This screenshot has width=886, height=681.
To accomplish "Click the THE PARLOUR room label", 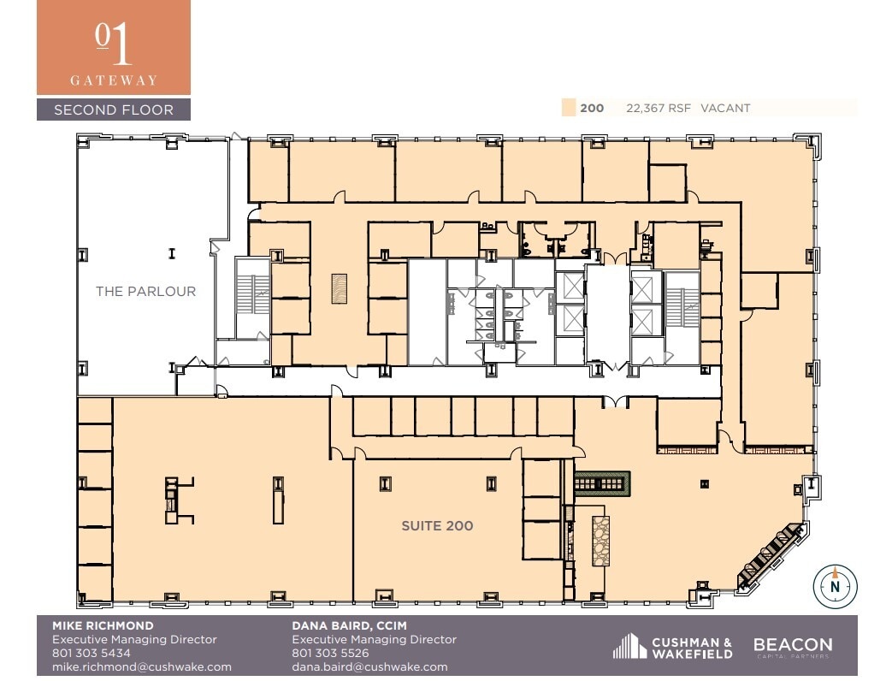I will coord(145,291).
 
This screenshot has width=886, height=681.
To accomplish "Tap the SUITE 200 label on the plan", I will coord(437,525).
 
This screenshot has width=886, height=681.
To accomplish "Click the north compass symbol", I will coord(834,587).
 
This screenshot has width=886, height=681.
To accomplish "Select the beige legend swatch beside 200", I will coord(568,108).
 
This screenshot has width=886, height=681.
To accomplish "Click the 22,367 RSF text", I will coord(659,108).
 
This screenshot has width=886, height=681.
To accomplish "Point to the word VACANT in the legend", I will coord(725,108).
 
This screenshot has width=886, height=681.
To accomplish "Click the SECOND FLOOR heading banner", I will coord(113,110).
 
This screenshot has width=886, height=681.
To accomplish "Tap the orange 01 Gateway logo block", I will coord(113,47).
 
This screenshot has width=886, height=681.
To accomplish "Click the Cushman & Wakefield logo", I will coord(673,648).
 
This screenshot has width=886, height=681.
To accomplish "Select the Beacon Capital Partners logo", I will coord(792,648).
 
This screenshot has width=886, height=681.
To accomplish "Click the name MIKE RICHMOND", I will coord(103,625).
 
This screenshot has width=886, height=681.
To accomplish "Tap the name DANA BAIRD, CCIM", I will coord(349,625).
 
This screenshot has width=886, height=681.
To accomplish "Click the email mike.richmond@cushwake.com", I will coord(142,666).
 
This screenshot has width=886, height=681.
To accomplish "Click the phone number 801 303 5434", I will coord(86,653).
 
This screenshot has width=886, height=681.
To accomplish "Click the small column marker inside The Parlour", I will coord(172,253).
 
